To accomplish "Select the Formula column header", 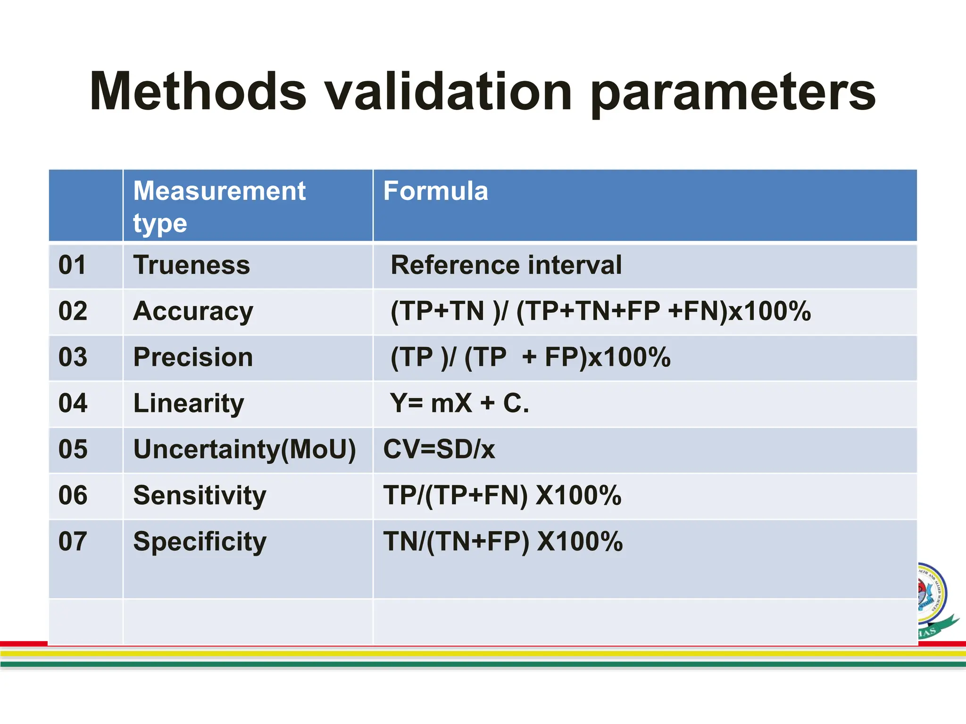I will click(x=435, y=191).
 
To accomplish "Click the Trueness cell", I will click(x=192, y=265).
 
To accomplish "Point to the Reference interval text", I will click(x=506, y=265).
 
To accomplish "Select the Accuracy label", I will click(x=193, y=312).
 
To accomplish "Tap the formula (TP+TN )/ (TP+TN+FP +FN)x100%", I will click(x=600, y=312).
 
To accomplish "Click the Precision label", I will click(x=193, y=357).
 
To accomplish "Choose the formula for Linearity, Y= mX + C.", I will click(x=459, y=403).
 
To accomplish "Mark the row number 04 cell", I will click(x=73, y=403).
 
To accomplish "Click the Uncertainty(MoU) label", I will click(x=244, y=449).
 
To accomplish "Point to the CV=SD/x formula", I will click(x=439, y=449).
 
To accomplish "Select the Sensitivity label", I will click(x=200, y=495).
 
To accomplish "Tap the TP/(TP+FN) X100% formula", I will click(x=502, y=495).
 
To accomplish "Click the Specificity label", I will click(x=200, y=542).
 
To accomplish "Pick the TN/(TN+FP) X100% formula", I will click(x=503, y=542).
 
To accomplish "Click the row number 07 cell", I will click(x=73, y=542).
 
